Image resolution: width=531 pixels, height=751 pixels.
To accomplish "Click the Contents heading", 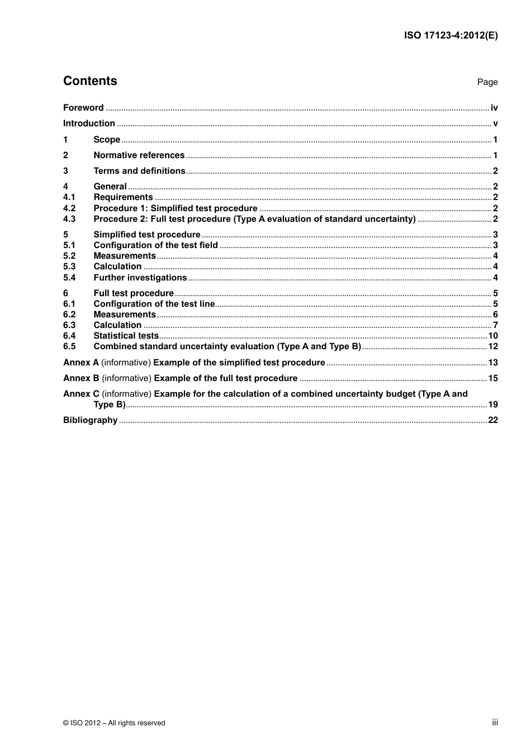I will click(x=90, y=81).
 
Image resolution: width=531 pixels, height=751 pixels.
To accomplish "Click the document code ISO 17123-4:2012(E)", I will click(x=451, y=35).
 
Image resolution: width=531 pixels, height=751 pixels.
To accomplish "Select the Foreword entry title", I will click(x=83, y=108).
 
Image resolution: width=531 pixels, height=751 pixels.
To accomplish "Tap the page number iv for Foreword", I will click(x=494, y=108).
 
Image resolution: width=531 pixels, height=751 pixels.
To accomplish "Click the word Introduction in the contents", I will click(x=89, y=123).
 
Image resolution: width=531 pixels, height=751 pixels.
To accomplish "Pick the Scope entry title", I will click(x=107, y=140).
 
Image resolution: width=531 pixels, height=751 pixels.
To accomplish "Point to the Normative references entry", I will click(x=139, y=155).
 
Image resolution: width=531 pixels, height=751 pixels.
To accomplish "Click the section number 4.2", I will click(x=69, y=208).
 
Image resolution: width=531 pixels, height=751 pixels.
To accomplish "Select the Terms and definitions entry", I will click(x=139, y=171).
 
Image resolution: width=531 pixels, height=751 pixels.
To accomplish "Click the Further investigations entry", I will click(x=140, y=278).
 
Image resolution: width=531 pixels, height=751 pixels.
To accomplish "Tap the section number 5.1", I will click(x=69, y=245).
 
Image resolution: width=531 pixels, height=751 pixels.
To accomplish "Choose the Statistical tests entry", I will click(x=126, y=336).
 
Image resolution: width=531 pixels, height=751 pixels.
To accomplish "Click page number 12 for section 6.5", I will click(x=493, y=346).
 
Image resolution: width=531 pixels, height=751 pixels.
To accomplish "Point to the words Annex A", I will click(x=80, y=363).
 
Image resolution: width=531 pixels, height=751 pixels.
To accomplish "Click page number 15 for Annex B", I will click(x=493, y=378).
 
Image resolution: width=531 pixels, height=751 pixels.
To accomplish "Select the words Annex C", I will click(x=81, y=394).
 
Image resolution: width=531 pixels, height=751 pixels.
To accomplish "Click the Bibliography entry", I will click(x=90, y=420).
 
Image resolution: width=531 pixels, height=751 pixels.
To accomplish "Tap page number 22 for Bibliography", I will click(x=493, y=420).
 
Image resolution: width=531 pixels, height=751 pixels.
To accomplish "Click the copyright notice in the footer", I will click(x=114, y=723).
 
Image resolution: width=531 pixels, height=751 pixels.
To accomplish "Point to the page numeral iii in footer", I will click(x=495, y=723).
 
